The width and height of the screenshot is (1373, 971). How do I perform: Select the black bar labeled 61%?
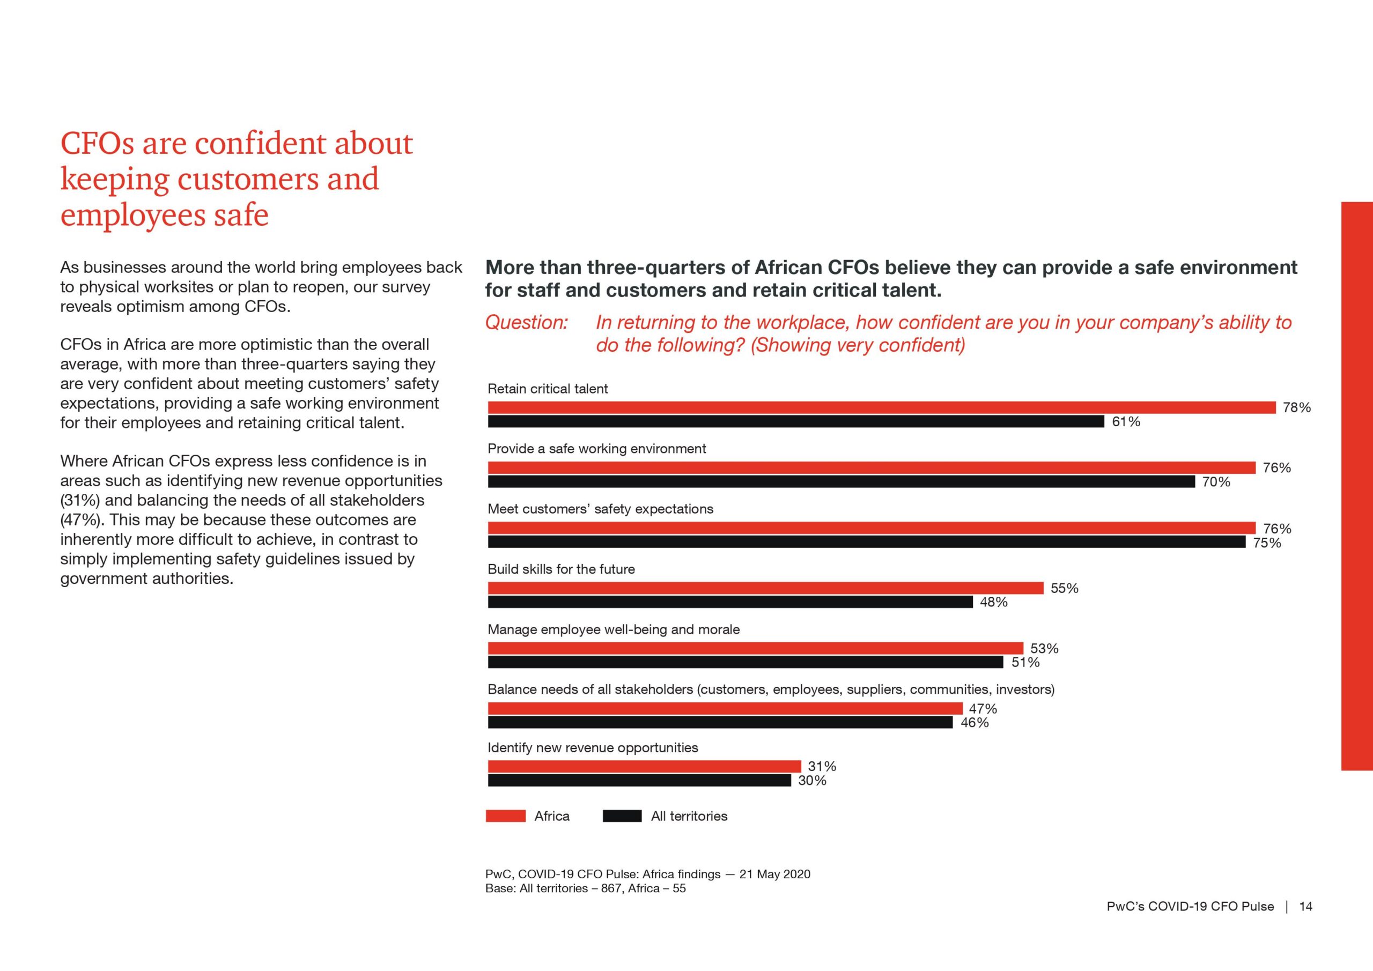(796, 421)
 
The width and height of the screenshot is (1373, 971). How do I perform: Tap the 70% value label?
(1216, 482)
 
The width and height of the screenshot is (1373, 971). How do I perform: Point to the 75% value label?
(1267, 543)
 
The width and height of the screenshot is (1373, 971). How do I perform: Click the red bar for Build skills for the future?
(765, 588)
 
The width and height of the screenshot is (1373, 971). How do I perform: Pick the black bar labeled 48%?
(730, 602)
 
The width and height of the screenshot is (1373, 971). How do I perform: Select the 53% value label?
(1044, 648)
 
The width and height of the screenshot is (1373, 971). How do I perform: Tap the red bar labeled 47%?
(725, 708)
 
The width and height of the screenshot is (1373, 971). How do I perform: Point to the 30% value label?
(812, 780)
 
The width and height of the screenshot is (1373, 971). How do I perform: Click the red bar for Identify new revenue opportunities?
(645, 767)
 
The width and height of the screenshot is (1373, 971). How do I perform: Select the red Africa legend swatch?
(506, 816)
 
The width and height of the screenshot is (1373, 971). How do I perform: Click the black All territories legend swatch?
(623, 816)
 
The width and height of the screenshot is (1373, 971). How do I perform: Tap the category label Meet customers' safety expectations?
(600, 509)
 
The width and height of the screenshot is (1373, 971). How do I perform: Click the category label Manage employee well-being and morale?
(614, 629)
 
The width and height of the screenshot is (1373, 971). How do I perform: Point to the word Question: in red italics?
(526, 322)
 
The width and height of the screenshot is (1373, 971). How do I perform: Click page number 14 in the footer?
(1306, 907)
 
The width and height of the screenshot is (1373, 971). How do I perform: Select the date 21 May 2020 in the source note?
(775, 874)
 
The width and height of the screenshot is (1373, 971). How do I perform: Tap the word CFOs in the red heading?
(97, 144)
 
